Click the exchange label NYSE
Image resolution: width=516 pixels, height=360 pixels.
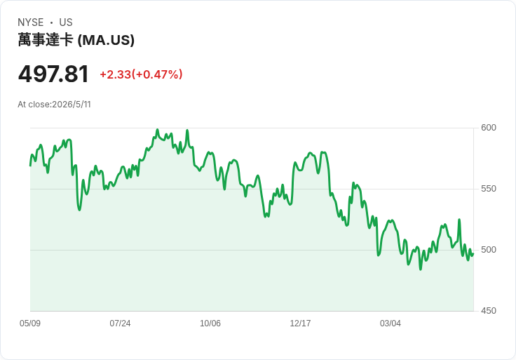point(31,22)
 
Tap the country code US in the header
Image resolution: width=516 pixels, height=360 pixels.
point(66,22)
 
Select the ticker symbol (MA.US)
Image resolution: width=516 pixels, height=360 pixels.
point(106,40)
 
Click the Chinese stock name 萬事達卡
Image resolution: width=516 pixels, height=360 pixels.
point(46,40)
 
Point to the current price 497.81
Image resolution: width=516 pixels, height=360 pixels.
point(53,74)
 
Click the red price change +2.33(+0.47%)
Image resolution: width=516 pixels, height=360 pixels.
point(141,74)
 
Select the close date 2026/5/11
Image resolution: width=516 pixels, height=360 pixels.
point(72,105)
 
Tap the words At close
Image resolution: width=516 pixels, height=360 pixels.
point(34,105)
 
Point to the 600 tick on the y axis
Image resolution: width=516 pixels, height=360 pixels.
point(489,128)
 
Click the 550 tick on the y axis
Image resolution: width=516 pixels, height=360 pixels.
point(489,189)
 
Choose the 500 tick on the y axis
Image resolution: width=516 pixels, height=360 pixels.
point(489,250)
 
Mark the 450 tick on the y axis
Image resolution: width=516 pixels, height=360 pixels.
point(489,311)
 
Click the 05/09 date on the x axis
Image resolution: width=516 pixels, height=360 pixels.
point(30,323)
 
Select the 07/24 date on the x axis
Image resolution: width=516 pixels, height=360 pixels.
point(120,323)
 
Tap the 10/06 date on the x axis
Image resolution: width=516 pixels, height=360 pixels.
point(210,323)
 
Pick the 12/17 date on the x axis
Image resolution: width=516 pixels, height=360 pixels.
point(300,323)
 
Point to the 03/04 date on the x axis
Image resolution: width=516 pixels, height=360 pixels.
point(391,323)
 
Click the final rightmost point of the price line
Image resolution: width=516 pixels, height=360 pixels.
point(473,254)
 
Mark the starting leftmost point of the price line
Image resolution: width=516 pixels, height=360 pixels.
point(30,166)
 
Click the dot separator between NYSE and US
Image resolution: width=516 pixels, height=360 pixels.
point(51,22)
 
